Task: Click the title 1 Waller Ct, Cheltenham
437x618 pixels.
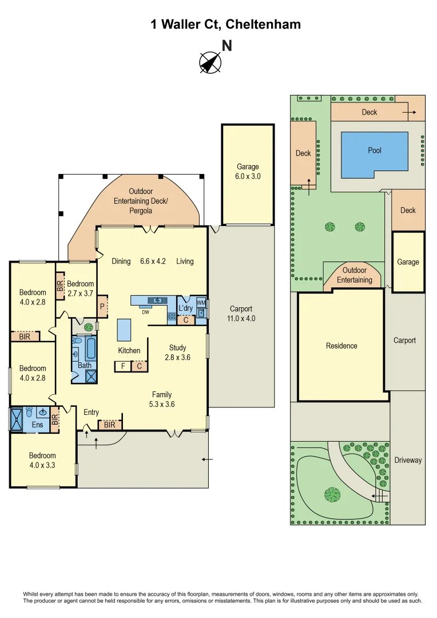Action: (225, 24)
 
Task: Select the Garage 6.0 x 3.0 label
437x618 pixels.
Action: (248, 172)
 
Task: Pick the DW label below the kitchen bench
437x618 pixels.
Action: (146, 312)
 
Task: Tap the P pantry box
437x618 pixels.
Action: (102, 306)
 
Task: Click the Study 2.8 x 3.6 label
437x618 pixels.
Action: (177, 352)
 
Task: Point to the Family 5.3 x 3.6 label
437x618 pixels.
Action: (162, 399)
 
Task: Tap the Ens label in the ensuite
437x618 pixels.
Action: (37, 425)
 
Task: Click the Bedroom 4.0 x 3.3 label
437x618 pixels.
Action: (42, 460)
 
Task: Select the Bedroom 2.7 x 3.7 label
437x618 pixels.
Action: (80, 288)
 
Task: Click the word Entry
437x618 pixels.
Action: (91, 412)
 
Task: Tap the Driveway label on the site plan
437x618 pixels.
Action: (408, 460)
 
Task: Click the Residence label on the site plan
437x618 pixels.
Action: (341, 346)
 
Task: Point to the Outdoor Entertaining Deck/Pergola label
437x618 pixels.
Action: (141, 201)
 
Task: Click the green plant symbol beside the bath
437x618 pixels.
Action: (88, 328)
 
